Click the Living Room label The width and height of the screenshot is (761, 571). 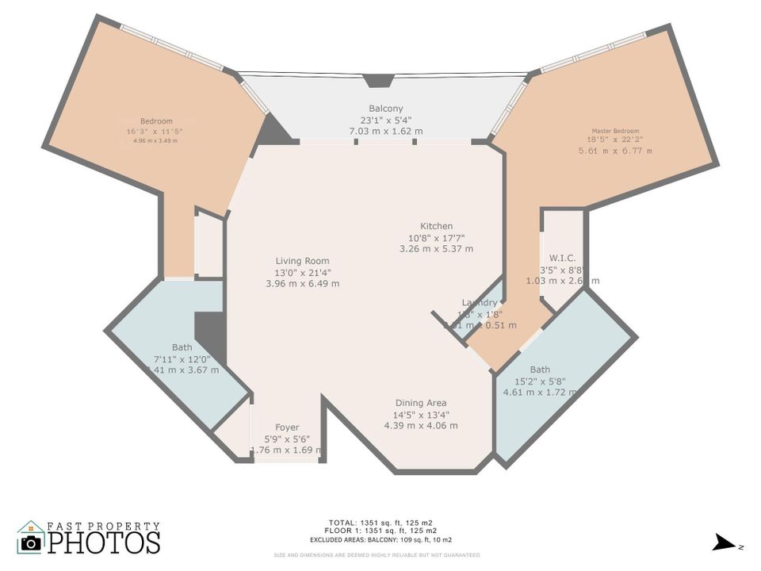click(302, 261)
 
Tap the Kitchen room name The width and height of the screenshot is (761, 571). click(436, 227)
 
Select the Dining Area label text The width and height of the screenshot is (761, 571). click(420, 403)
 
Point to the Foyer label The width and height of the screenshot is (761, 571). click(286, 427)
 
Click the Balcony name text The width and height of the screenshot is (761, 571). click(386, 109)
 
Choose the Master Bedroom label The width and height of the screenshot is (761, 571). click(614, 131)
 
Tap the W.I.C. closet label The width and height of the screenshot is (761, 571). click(562, 258)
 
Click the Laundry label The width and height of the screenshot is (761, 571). click(480, 303)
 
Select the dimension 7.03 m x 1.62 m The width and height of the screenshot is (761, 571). click(386, 131)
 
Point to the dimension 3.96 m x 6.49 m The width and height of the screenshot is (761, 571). click(302, 283)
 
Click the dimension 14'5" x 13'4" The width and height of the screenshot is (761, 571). click(420, 414)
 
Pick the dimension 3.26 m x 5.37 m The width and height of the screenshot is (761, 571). click(436, 248)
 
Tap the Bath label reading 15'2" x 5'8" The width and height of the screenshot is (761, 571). click(540, 381)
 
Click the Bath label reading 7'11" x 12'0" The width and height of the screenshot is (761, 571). click(182, 358)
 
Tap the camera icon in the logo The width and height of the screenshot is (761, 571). click(31, 542)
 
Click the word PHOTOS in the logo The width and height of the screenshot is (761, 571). click(103, 543)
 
